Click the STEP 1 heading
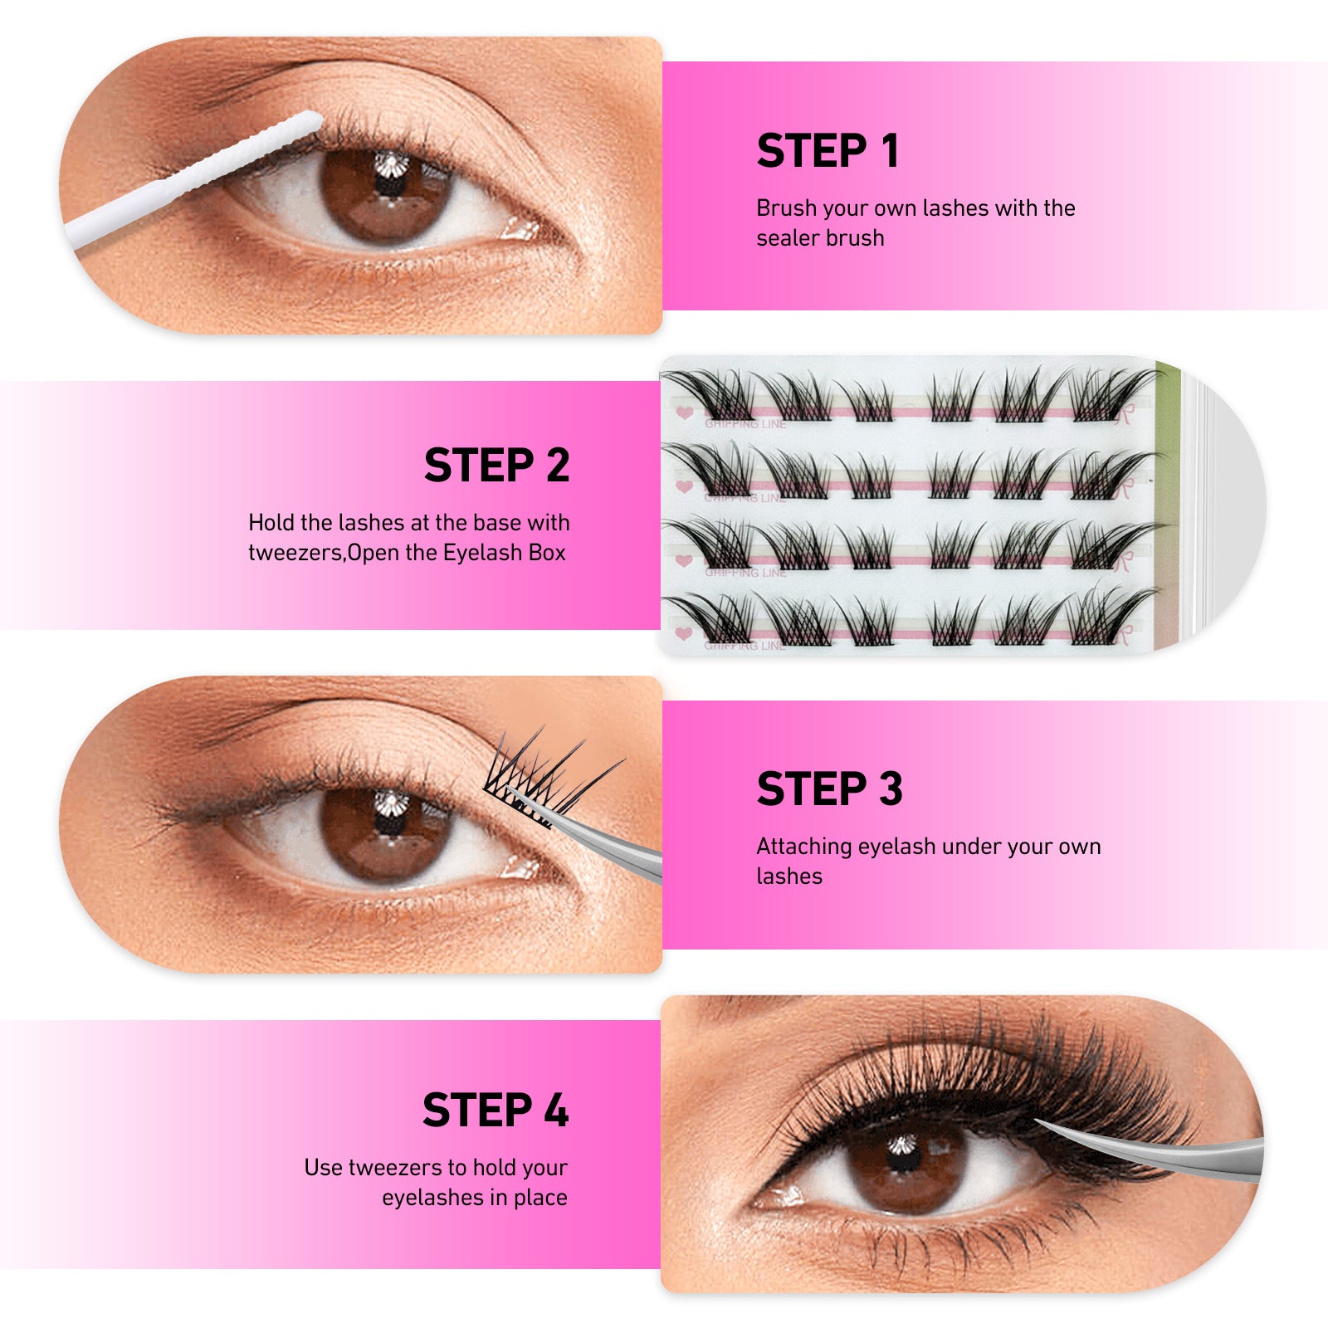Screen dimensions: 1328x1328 (828, 151)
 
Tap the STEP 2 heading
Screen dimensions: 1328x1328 (496, 465)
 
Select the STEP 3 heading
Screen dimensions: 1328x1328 (829, 788)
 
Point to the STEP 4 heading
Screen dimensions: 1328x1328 (496, 1110)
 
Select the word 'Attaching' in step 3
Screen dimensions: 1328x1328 (804, 847)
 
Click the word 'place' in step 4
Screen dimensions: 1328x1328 (540, 1198)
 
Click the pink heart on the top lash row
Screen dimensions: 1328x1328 (685, 412)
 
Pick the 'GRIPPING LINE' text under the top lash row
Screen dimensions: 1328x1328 (745, 423)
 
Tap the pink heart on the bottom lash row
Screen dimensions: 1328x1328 (685, 633)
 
